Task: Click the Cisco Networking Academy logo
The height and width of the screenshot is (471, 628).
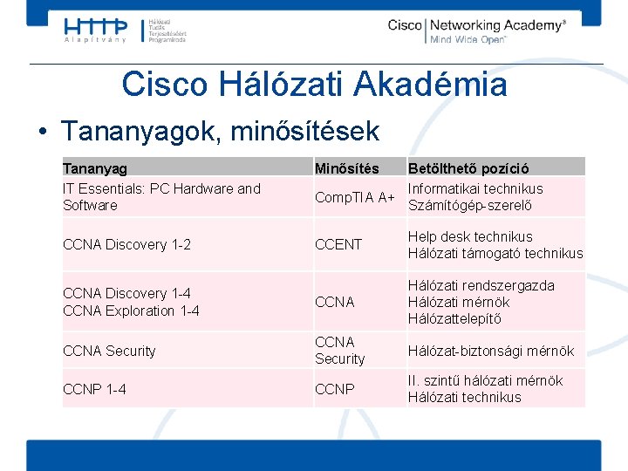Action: tap(476, 31)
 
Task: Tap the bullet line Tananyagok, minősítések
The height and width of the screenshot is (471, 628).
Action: tap(220, 131)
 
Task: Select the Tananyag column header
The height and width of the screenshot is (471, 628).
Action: tap(95, 167)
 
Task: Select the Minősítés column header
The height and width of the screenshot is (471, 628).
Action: tap(346, 167)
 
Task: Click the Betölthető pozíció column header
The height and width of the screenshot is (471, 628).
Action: tap(468, 167)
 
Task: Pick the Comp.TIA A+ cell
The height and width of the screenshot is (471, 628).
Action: tap(354, 197)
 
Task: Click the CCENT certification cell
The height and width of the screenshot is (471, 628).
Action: tap(338, 245)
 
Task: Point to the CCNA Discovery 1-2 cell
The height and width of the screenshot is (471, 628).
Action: tap(126, 245)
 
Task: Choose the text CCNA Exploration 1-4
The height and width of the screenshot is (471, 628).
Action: tap(131, 311)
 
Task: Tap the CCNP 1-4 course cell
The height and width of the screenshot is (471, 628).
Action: tap(94, 389)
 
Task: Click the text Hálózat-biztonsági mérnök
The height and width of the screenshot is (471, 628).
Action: tap(491, 351)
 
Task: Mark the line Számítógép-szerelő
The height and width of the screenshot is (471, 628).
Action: tap(469, 206)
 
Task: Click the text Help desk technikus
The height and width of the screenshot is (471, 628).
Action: tap(470, 236)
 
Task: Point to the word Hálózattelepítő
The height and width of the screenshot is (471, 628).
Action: tap(454, 318)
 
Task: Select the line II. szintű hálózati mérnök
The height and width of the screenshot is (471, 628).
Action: tap(485, 380)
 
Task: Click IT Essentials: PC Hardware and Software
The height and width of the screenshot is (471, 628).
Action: tap(161, 197)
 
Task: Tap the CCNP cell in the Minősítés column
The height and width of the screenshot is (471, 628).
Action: tap(335, 389)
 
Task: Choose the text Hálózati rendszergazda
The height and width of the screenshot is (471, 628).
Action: tap(481, 285)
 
